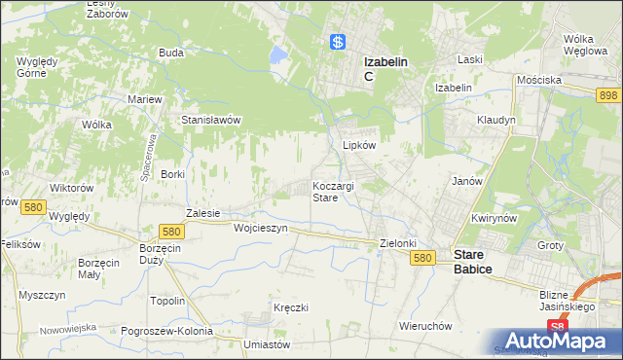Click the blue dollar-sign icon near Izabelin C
point(337,42)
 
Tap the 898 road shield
point(609,94)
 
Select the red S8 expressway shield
point(556,328)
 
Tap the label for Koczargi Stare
point(333,191)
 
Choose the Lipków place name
point(359,144)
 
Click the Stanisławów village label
point(211,120)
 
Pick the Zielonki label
point(398,243)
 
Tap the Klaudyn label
point(495,120)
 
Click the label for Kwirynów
point(492,219)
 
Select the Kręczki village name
point(291,307)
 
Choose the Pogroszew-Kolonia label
point(167,331)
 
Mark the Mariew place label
point(144,99)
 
